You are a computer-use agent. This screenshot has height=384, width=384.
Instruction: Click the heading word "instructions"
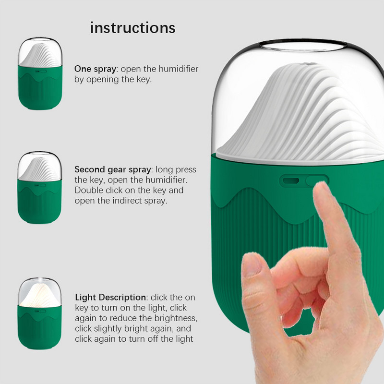coord(133,28)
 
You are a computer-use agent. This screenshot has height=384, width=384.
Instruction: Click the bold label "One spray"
coord(95,69)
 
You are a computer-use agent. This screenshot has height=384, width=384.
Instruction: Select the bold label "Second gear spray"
coord(113,170)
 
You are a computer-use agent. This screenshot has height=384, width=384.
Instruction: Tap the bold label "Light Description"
coord(110,298)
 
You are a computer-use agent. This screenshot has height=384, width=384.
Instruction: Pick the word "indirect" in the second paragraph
coord(127,201)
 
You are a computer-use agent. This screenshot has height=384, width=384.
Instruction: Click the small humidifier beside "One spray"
coord(40,73)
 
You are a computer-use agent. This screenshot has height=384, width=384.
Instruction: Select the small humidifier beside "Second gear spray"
coord(39,187)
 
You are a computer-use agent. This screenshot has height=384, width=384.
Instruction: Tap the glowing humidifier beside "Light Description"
coord(39,313)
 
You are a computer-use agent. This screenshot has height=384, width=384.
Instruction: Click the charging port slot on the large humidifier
coord(291,181)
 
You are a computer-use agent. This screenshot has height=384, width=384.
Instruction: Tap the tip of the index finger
coord(320,185)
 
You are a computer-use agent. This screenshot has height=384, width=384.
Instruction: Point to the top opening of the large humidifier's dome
coord(303,45)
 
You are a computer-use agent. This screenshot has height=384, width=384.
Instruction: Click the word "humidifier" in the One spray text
coord(178,69)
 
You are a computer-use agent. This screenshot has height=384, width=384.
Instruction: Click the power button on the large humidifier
coord(317,180)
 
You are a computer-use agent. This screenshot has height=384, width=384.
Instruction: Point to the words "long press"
coord(176,170)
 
